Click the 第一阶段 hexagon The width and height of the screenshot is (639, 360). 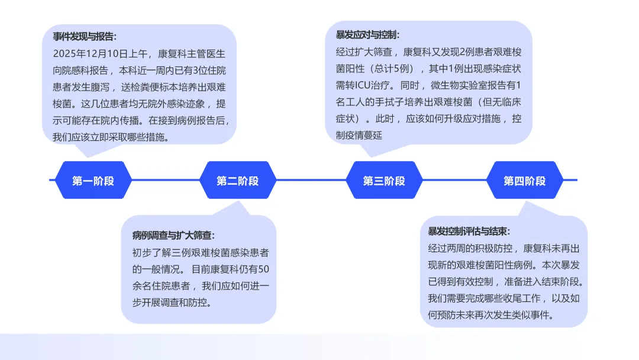click(93, 181)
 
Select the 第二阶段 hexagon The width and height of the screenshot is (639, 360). click(238, 181)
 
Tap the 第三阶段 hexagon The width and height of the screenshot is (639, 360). click(384, 181)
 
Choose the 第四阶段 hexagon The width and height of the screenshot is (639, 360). click(525, 181)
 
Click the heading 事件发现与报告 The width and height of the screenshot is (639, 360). click(85, 37)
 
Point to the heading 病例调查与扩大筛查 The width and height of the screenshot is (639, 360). click(173, 235)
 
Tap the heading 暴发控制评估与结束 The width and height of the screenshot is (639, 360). click(469, 231)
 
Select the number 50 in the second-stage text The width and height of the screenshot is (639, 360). click(264, 269)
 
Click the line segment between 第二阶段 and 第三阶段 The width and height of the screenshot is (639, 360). click(311, 180)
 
